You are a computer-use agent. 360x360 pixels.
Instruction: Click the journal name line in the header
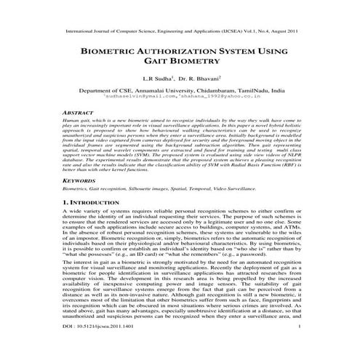(180, 33)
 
